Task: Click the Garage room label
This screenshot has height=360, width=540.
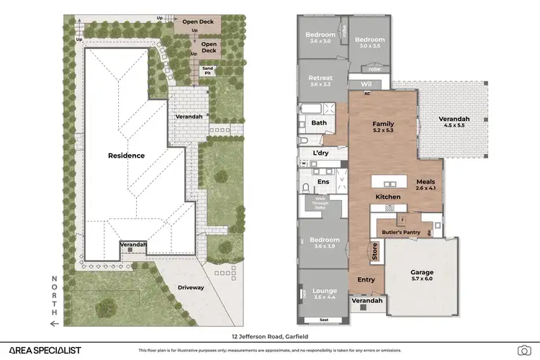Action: [x=421, y=273]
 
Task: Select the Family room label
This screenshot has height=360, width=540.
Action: [x=382, y=125]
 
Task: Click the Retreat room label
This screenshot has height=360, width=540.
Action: [x=320, y=78]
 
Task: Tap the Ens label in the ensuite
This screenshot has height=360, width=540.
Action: [x=323, y=181]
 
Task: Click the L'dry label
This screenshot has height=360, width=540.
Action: [x=320, y=153]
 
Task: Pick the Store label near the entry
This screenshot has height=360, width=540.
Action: [x=374, y=252]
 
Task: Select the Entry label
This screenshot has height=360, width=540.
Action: [x=366, y=279]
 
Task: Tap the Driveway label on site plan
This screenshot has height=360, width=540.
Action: [x=191, y=287]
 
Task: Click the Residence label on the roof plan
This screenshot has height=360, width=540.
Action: [x=127, y=156]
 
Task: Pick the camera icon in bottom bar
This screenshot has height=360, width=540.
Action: [x=523, y=350]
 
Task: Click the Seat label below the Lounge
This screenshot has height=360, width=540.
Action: [x=323, y=320]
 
